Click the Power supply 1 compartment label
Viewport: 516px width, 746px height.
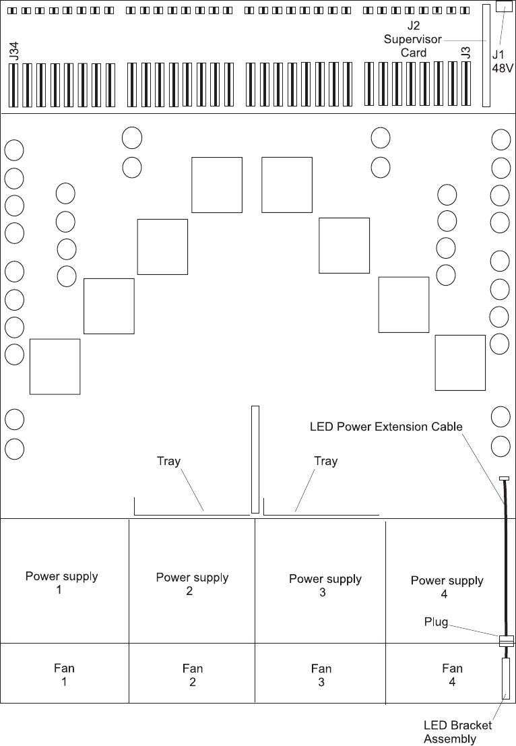coord(62,583)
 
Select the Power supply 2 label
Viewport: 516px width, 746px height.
coord(191,584)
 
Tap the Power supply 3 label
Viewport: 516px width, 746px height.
coord(325,586)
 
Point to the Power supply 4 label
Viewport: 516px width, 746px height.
coord(447,587)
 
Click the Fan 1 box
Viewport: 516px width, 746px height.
coord(64,675)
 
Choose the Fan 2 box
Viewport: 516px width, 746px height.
coord(192,675)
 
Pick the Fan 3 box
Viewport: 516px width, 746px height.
coord(321,675)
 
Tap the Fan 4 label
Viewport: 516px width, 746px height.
coord(452,675)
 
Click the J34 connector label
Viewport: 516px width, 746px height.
coord(15,51)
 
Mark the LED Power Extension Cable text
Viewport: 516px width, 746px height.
coord(385,427)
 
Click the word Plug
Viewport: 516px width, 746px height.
coord(436,621)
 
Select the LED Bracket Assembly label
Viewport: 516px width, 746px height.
coord(457,732)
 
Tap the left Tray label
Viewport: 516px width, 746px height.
coord(168,461)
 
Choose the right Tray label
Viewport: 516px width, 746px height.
coord(325,461)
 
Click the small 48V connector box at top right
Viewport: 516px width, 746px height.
coord(504,6)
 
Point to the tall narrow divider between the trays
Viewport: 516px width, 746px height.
coord(255,459)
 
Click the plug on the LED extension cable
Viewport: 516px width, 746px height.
coord(505,641)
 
